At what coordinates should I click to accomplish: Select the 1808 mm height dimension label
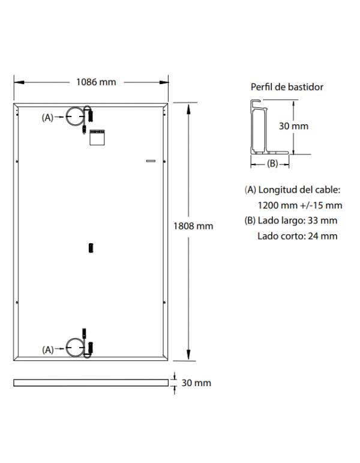pos(193,226)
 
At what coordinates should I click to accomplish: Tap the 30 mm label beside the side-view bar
pos(196,383)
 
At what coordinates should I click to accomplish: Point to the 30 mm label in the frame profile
pos(294,126)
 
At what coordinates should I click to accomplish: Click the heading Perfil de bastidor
pos(287,87)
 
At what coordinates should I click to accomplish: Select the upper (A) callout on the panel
pos(48,118)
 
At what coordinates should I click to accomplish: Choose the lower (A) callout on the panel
pos(48,349)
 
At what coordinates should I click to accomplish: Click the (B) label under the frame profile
pos(272,163)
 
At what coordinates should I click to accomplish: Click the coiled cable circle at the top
pos(75,117)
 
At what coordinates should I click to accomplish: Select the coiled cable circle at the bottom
pos(75,348)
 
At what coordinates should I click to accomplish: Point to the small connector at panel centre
pos(91,247)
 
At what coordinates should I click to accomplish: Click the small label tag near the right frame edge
pos(151,161)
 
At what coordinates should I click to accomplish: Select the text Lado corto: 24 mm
pos(297,236)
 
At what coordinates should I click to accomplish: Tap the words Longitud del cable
pos(299,190)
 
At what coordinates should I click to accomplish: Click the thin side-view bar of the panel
pos(91,383)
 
